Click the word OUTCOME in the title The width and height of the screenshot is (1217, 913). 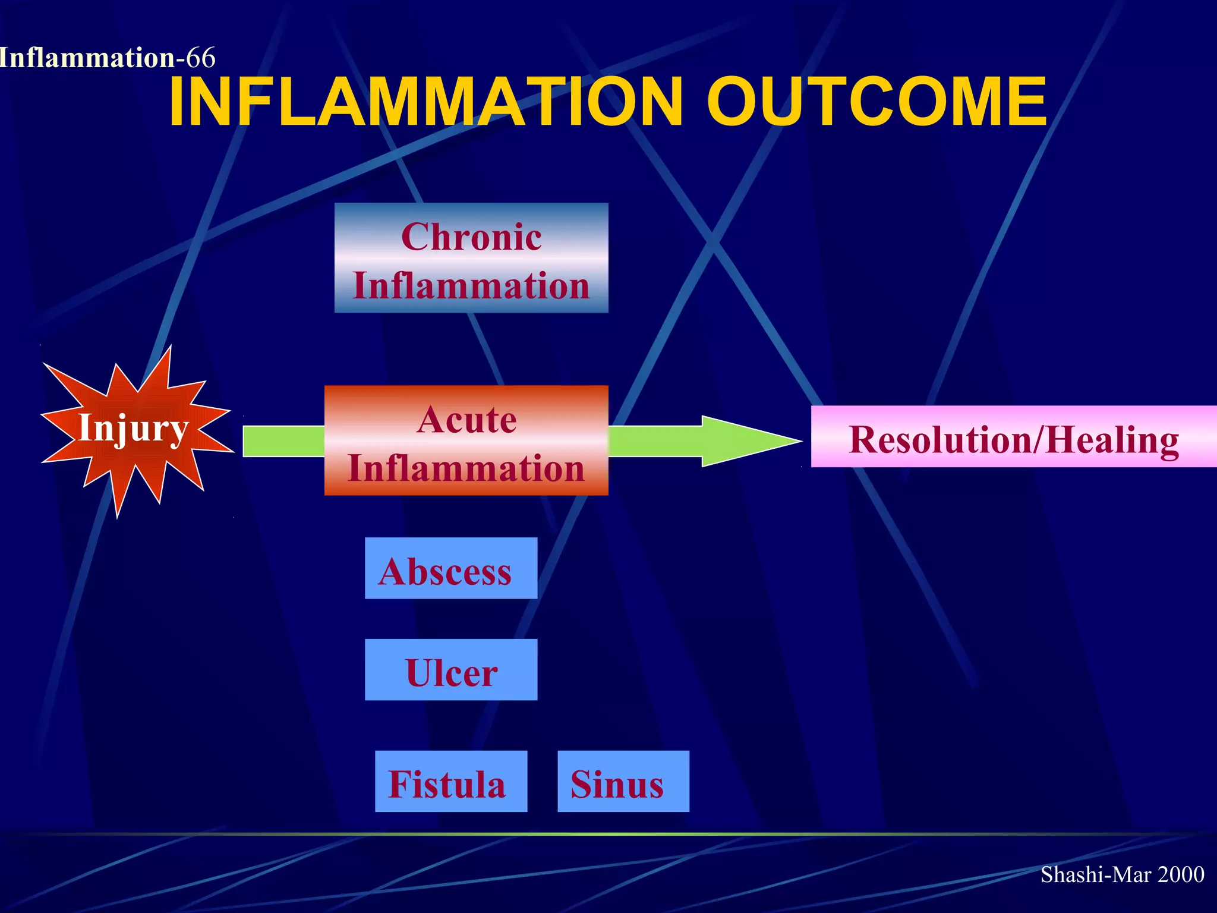877,102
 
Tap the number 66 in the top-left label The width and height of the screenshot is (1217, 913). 201,58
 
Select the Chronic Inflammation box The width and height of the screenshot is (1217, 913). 471,258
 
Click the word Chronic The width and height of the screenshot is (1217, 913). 471,237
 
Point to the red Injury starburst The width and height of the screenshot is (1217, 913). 134,429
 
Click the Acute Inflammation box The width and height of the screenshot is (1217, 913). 466,440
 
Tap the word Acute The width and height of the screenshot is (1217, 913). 466,420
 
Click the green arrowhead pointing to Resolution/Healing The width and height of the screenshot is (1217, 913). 749,441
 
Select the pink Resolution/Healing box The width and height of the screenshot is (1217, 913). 1013,437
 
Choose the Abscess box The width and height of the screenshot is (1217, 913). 451,568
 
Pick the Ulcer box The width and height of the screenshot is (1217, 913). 451,670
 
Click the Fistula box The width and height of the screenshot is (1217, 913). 451,782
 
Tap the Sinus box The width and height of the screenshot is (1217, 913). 623,782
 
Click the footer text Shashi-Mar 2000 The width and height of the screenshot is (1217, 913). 1122,874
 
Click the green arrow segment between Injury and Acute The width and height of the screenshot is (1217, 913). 283,441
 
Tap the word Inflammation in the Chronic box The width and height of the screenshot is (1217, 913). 471,286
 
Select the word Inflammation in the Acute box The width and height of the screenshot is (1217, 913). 466,468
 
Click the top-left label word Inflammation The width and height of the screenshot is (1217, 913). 87,58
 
